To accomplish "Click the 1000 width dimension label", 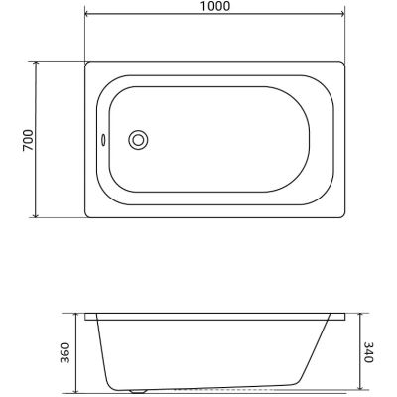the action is [215, 6].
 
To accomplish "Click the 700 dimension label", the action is [28, 140].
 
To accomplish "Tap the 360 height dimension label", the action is [66, 352].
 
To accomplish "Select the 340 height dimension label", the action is [368, 352].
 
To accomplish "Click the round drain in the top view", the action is [138, 140].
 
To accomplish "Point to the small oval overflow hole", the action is [103, 140].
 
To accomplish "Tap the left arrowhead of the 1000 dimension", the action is [88, 14].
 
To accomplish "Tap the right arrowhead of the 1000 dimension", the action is [342, 14].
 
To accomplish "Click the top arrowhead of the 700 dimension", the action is [36, 64].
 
